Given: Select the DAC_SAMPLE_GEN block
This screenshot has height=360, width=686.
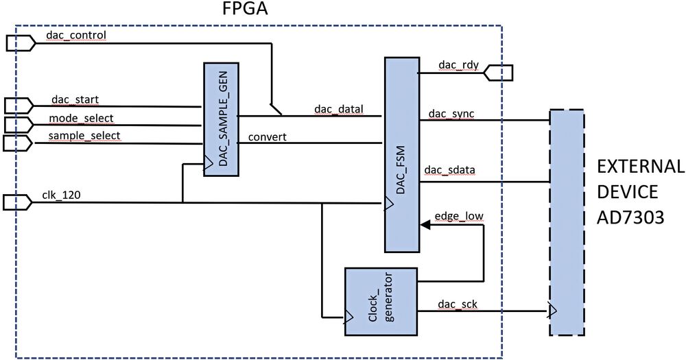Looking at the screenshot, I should [x=221, y=119].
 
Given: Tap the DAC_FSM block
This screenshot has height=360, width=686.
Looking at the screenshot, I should [x=402, y=154].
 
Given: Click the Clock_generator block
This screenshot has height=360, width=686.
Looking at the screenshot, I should [x=381, y=301].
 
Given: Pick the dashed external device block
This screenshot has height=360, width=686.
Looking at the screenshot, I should [x=566, y=222].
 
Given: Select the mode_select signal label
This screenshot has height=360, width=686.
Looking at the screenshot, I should [x=80, y=118].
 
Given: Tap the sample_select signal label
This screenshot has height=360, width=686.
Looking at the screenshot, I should [x=84, y=136].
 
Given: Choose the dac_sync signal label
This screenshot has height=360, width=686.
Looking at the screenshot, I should [x=451, y=112].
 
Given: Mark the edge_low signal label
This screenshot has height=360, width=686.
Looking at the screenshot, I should [x=459, y=217].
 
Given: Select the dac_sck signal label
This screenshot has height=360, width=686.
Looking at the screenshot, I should [x=453, y=302].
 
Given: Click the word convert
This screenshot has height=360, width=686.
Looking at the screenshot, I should [x=267, y=136].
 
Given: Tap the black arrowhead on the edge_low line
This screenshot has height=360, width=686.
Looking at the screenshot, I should [x=425, y=224].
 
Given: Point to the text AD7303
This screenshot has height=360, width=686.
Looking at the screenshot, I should [x=630, y=217].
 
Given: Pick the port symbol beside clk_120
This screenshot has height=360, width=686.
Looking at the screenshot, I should [x=18, y=202].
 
